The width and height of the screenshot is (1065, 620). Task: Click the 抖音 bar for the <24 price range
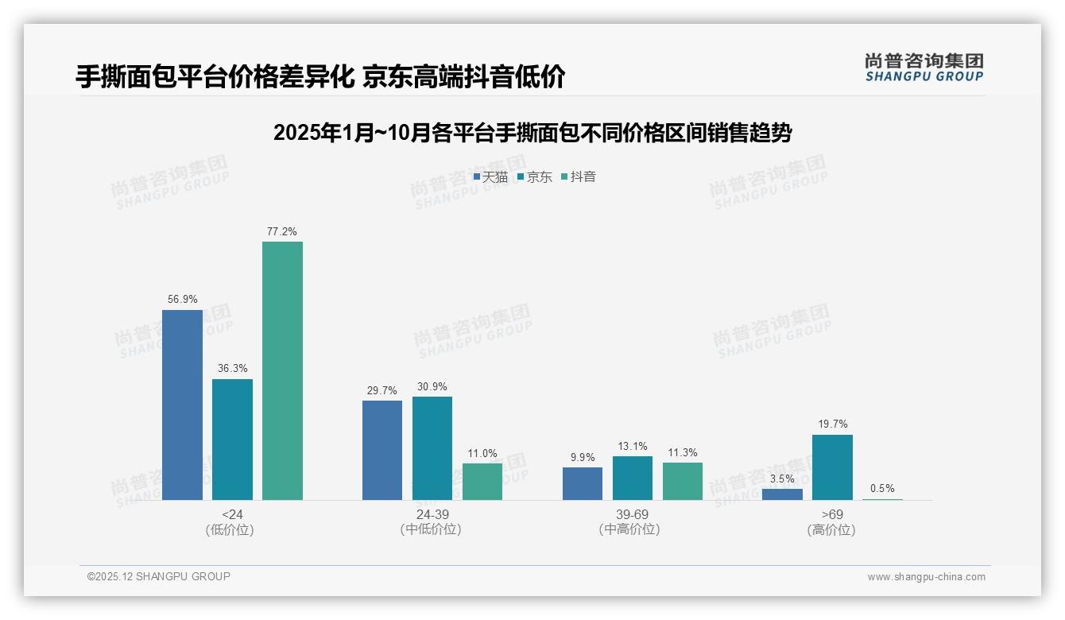(x=282, y=370)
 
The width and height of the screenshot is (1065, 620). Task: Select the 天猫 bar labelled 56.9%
(x=182, y=405)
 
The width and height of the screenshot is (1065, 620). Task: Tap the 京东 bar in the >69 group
(x=832, y=467)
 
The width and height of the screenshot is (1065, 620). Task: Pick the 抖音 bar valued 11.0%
(x=482, y=482)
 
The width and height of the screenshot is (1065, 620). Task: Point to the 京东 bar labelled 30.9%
(x=432, y=448)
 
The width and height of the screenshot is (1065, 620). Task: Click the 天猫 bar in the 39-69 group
(x=583, y=483)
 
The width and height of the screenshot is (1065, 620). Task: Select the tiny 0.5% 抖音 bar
(x=882, y=499)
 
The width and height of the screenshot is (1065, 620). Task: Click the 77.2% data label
(x=282, y=232)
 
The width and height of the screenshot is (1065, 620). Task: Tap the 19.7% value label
(x=833, y=424)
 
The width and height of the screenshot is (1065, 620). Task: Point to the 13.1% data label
(x=633, y=446)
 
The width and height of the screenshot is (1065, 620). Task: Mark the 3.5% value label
(x=782, y=479)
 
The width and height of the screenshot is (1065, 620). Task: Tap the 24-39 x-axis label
(x=432, y=514)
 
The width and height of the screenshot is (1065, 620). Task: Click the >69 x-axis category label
(x=832, y=514)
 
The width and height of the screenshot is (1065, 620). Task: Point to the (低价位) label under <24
(x=231, y=529)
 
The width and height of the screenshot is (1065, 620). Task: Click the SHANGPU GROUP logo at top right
(x=924, y=68)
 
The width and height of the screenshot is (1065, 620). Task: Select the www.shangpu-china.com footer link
(x=926, y=577)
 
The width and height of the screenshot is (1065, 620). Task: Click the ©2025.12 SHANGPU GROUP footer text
(x=159, y=576)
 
